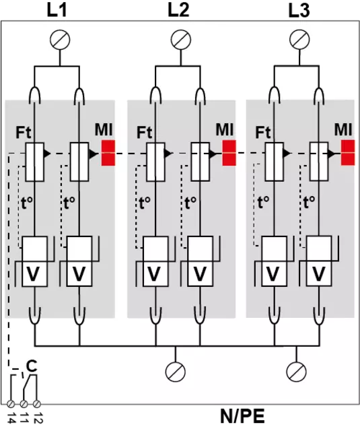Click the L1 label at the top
[57, 10]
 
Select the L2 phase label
[178, 10]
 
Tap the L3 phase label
[299, 11]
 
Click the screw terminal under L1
[60, 40]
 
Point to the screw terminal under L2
[181, 40]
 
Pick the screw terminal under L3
[299, 40]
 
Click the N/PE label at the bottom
[242, 416]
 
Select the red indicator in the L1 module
[108, 153]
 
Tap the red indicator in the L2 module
[229, 153]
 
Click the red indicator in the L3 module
[348, 153]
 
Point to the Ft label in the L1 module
[24, 132]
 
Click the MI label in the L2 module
[225, 129]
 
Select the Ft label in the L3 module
[263, 132]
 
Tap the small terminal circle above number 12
[37, 404]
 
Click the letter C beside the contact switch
[32, 366]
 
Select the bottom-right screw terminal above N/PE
[296, 372]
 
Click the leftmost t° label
[27, 203]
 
